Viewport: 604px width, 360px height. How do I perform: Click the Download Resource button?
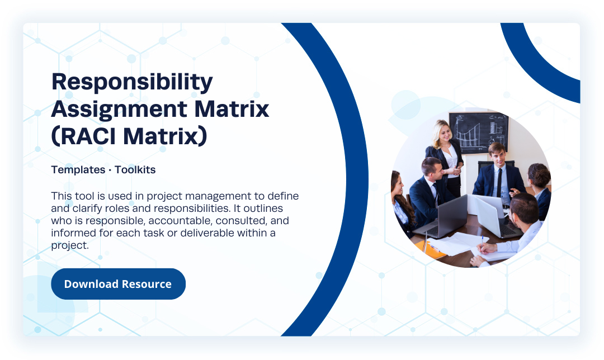118,284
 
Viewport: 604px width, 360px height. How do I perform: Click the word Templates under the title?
78,170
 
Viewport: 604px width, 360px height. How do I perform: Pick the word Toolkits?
135,170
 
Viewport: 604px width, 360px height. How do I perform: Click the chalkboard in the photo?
479,132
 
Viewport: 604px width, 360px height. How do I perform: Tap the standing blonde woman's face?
445,132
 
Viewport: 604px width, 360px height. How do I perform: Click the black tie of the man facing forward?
499,182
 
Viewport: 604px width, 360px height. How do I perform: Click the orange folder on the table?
431,249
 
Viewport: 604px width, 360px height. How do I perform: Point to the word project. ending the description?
70,245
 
